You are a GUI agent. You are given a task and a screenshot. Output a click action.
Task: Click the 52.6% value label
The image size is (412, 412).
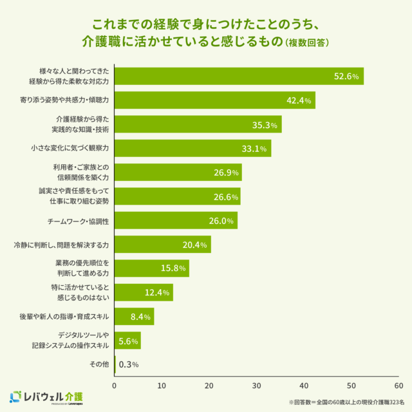coord(346,76)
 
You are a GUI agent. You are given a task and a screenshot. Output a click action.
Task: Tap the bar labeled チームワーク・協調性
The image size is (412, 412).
coord(176,221)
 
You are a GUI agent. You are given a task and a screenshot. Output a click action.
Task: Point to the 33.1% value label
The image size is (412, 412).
coord(254,149)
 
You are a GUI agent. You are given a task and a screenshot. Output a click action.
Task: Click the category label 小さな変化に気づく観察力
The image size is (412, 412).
coord(70,149)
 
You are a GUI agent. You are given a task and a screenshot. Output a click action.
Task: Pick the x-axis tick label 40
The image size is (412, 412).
coord(304,386)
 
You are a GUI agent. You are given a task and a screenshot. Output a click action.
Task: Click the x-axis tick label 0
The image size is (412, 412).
coord(115,386)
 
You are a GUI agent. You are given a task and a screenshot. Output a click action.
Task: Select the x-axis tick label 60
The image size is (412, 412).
coord(398,386)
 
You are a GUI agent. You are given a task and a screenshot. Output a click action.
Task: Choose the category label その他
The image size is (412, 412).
coord(99,364)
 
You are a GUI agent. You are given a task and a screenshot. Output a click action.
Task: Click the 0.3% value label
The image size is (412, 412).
coord(129,364)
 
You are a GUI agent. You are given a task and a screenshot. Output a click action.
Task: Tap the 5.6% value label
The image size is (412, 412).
coord(129,341)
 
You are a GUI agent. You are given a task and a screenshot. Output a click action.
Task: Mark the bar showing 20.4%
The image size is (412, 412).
coord(162,245)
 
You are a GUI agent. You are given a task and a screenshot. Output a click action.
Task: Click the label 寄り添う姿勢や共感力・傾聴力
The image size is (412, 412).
coord(64,100)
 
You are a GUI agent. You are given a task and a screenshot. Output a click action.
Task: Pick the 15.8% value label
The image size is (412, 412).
coord(173,268)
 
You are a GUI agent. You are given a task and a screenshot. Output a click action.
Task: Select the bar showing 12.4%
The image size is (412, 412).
coord(144,292)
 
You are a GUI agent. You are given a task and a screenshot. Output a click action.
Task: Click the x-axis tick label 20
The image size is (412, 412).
coord(209,386)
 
